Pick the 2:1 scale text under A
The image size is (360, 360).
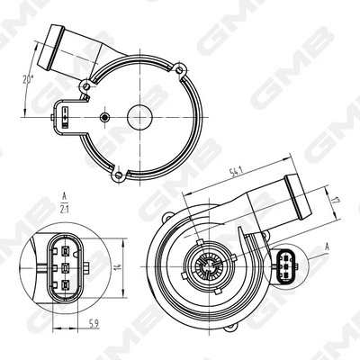(x=65, y=209)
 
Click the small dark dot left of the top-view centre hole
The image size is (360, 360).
(x=106, y=117)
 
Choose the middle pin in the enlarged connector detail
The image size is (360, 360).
(x=65, y=267)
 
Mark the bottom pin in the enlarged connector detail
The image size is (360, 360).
(x=65, y=288)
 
